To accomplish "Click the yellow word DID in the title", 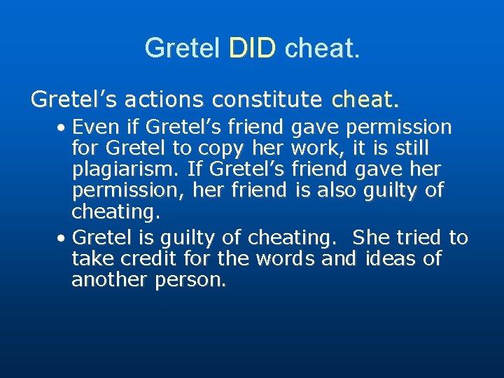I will pos(253,48).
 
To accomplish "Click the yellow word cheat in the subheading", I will pos(365,100).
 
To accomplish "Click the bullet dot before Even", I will pos(62,129).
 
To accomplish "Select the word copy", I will pos(220,149).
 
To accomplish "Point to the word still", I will pos(410,149).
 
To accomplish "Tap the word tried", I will pos(421,238).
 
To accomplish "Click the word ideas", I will pos(383,259).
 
